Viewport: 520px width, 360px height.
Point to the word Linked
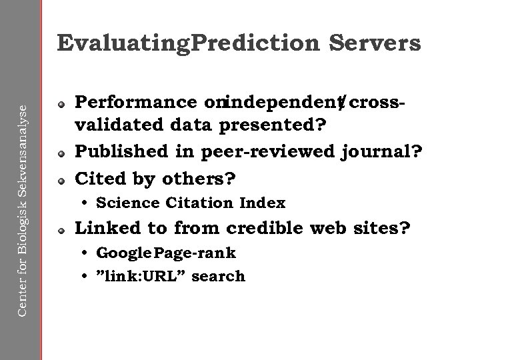(107, 229)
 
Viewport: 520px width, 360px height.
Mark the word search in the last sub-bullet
(219, 275)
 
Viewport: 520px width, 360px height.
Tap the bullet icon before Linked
(61, 230)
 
